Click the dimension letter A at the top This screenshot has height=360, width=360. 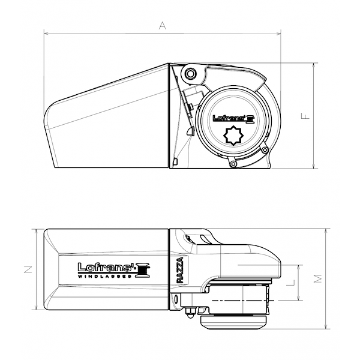coord(161,25)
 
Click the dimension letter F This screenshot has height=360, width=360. coord(305,116)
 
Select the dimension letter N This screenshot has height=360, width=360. coord(28,270)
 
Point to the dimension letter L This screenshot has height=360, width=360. coord(290,281)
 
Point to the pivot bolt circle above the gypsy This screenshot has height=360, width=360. coord(191,74)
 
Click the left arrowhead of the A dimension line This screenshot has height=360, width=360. coord(46,34)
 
